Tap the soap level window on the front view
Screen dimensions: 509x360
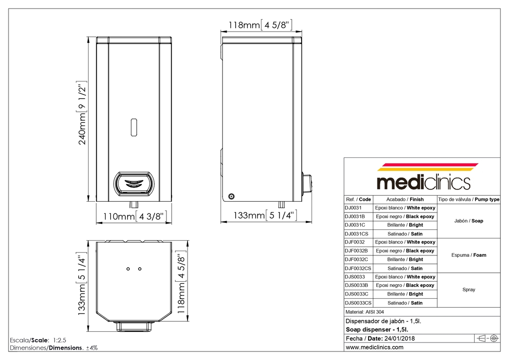[133, 127]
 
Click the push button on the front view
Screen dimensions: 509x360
[133, 184]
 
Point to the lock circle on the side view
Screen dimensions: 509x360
[231, 196]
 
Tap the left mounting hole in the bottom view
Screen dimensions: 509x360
[128, 269]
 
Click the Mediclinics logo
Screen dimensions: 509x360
[424, 177]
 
